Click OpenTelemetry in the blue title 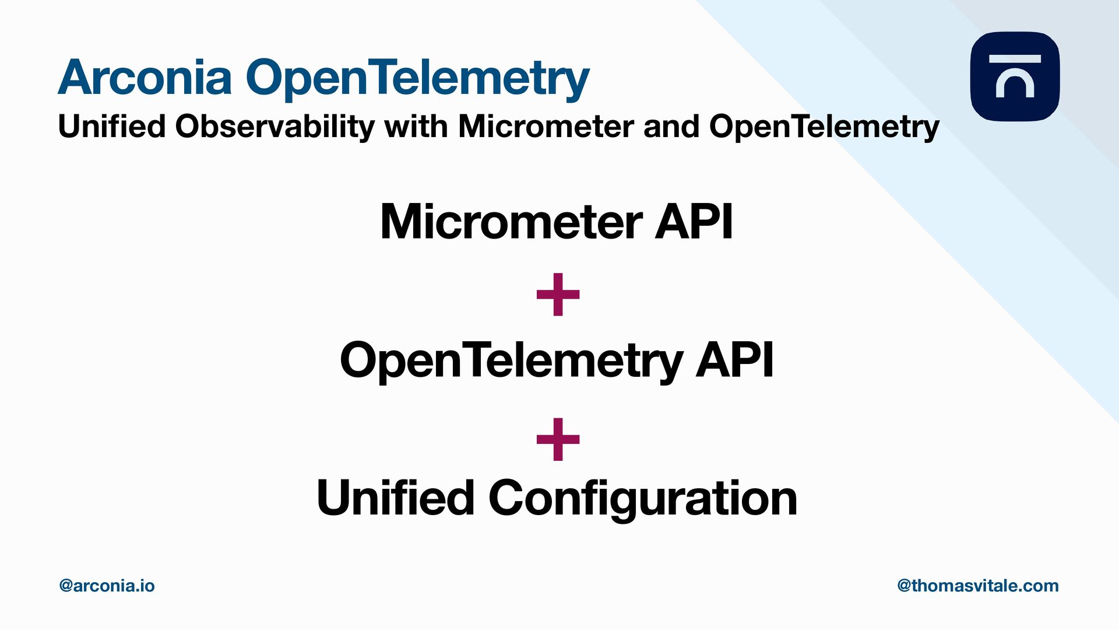pos(417,78)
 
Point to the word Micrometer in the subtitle pos(546,126)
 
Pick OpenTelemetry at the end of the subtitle pos(824,127)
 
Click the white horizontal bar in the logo pos(1015,59)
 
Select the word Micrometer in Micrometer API pos(511,222)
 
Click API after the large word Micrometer pos(694,222)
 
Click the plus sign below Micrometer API pos(558,295)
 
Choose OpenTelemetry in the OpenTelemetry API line pos(511,360)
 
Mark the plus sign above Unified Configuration pos(558,439)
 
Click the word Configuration pos(642,498)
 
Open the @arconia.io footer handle pos(107,586)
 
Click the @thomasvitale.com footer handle pos(977,586)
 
